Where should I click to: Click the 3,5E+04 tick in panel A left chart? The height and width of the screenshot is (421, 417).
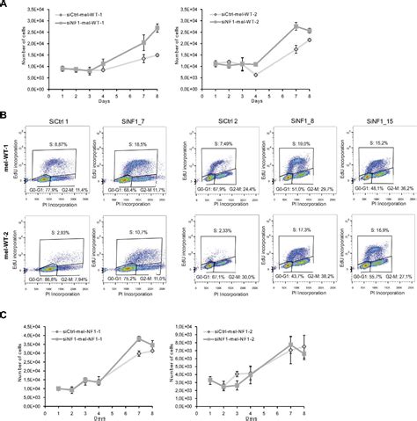(x=26, y=9)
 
